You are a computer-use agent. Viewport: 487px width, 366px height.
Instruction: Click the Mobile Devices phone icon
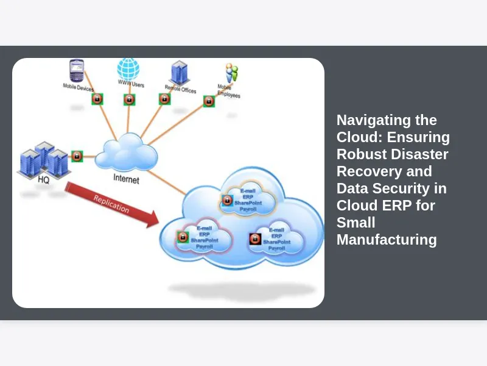pos(77,70)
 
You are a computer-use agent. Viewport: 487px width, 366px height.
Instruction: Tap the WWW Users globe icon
pos(128,69)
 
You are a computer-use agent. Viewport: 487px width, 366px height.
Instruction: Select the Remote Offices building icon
pos(179,72)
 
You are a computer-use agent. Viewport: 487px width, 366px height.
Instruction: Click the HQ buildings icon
pos(44,160)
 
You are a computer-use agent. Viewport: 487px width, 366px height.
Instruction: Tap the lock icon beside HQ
pos(77,156)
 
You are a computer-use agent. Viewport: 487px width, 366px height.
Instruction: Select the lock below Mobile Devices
pos(97,99)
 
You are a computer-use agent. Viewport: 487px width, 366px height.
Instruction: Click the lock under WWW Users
pos(129,99)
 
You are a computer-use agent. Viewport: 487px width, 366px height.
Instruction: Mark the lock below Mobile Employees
pos(208,101)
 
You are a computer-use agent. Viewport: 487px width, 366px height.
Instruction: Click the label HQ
pos(43,181)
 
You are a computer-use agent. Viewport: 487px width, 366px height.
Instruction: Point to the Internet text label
pos(126,180)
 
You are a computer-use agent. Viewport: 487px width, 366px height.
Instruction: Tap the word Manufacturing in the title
pos(387,240)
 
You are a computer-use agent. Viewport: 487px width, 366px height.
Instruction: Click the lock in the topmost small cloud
pos(227,199)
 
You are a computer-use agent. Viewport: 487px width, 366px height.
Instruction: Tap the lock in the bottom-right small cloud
pos(256,240)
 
